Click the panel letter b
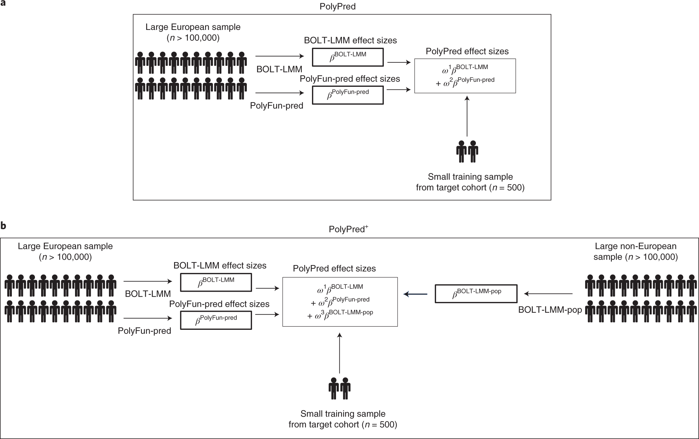(4, 226)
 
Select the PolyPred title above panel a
(338, 7)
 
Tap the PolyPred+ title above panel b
(349, 229)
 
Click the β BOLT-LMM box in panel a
(348, 57)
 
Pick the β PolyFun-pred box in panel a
(348, 95)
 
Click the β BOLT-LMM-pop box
(476, 294)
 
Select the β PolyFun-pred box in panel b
(216, 320)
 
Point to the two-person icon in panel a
(467, 152)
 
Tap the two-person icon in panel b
(340, 388)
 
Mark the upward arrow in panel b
(340, 353)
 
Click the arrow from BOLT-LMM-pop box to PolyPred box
(415, 294)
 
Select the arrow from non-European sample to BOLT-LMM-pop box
(548, 294)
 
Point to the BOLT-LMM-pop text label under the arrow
(550, 310)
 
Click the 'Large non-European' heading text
(636, 246)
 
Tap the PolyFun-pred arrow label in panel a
(276, 106)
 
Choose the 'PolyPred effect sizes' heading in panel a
(467, 51)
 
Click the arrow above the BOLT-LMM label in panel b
(148, 281)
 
